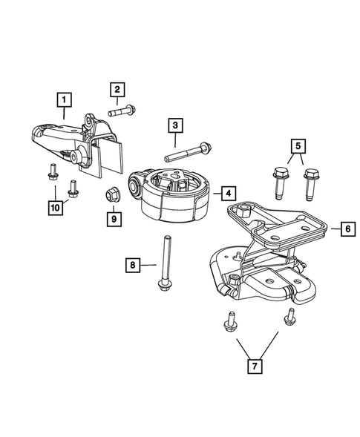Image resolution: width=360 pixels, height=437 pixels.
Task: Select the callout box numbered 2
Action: tap(117, 90)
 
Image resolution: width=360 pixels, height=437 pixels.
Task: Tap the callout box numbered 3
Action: tap(175, 125)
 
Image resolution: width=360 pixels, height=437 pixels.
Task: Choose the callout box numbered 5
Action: tap(297, 145)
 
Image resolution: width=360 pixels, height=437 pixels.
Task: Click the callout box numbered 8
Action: tap(131, 263)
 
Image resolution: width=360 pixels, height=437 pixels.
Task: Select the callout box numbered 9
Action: tap(113, 219)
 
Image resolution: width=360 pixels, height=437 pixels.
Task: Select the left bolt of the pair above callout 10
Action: tap(53, 172)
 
